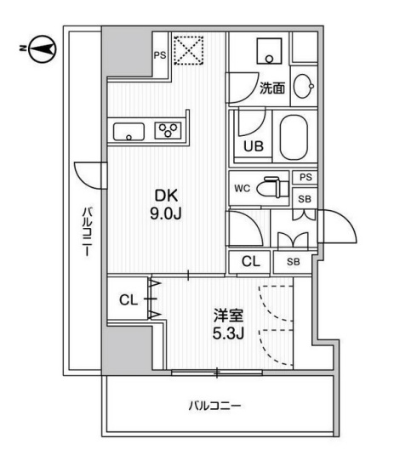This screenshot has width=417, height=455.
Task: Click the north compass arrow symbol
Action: click(x=41, y=50)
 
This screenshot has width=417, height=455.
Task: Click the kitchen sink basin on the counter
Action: click(x=129, y=131)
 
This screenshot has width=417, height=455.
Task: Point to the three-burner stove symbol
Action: click(x=167, y=130)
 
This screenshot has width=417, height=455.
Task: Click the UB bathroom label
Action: click(x=253, y=145)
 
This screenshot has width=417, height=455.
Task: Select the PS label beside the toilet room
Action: click(x=305, y=177)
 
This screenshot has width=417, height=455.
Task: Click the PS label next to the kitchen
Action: click(x=158, y=54)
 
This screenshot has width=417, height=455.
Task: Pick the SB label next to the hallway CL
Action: click(x=293, y=261)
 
